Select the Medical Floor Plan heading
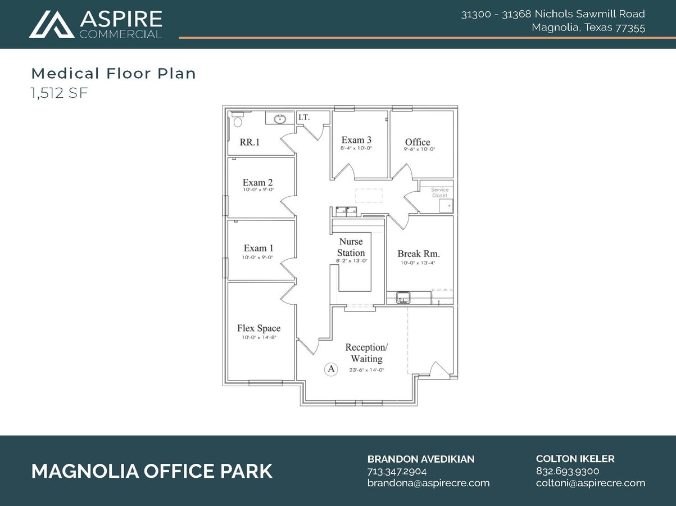[114, 73]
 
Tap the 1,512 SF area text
[59, 93]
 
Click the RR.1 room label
[249, 143]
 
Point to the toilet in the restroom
[237, 121]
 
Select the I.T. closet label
[304, 118]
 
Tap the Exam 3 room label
[356, 140]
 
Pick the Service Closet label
[439, 192]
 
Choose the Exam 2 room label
[257, 183]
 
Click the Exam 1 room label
[258, 248]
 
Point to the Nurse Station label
[351, 247]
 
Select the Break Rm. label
[418, 254]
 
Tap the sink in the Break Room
[403, 297]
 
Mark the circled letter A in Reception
[331, 369]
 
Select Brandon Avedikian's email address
[428, 483]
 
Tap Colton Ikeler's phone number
[567, 471]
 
